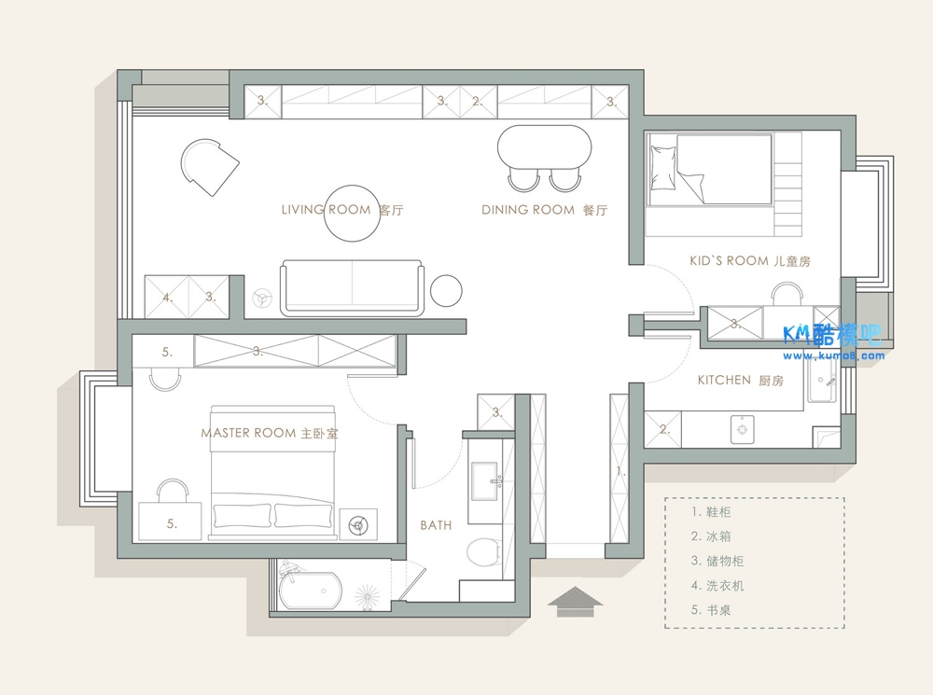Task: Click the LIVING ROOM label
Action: [x=326, y=210]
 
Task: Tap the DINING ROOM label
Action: [x=528, y=210]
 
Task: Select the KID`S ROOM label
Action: [x=729, y=260]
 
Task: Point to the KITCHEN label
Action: [x=724, y=380]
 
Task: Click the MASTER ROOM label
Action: [x=248, y=433]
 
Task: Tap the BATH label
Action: [x=436, y=525]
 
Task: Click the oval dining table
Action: [x=545, y=146]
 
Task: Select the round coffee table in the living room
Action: [x=353, y=213]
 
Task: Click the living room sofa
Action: [x=353, y=288]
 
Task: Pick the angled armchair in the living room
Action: [x=209, y=167]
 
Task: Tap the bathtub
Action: [x=310, y=591]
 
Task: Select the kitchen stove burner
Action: [x=742, y=429]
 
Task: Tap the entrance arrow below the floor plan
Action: [x=575, y=602]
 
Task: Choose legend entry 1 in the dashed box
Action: [x=711, y=512]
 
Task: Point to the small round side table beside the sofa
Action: [x=446, y=291]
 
